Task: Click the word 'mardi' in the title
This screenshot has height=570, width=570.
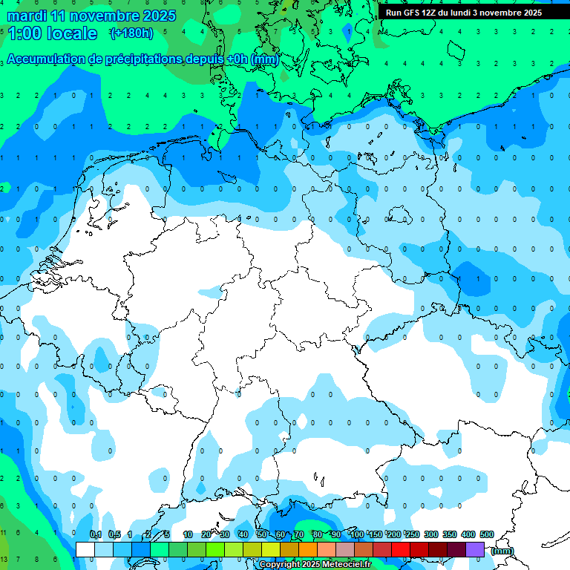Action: (x=24, y=16)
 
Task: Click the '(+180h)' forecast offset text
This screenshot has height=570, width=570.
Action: (x=131, y=33)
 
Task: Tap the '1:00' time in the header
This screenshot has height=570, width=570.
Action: (x=24, y=33)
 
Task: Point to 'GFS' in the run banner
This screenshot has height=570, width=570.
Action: (x=411, y=13)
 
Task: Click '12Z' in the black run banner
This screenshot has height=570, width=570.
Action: (x=429, y=13)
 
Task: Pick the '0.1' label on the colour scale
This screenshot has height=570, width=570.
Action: (x=96, y=535)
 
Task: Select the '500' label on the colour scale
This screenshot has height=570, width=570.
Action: (x=487, y=535)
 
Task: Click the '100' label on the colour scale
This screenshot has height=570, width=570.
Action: (x=357, y=535)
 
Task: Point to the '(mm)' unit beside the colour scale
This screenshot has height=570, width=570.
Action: (x=502, y=551)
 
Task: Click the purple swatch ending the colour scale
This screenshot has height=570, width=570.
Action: (x=475, y=549)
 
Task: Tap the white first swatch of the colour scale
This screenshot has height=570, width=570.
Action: (x=85, y=549)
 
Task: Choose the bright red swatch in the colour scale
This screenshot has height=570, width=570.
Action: (x=401, y=549)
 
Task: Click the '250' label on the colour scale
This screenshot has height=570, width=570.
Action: (x=413, y=535)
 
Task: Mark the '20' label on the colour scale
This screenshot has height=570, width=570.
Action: (x=206, y=535)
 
